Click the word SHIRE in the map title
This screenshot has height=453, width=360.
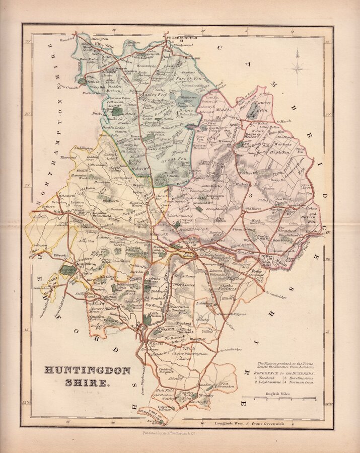87,383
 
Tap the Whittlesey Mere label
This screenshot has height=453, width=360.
189,100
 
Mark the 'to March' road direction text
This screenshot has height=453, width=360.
284,121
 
